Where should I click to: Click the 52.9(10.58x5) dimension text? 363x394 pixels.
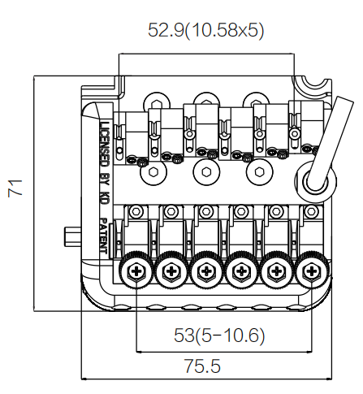pyautogui.click(x=205, y=30)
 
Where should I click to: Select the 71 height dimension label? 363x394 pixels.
pyautogui.click(x=15, y=188)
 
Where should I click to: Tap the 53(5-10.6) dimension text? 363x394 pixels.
pyautogui.click(x=219, y=336)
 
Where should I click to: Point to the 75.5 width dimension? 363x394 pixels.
pyautogui.click(x=202, y=366)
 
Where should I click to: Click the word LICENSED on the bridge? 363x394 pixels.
pyautogui.click(x=105, y=144)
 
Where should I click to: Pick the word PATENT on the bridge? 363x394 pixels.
pyautogui.click(x=105, y=236)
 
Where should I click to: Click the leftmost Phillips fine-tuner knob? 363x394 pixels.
pyautogui.click(x=135, y=271)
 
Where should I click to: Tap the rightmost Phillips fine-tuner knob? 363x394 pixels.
pyautogui.click(x=312, y=271)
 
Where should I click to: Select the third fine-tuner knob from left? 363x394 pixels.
pyautogui.click(x=206, y=271)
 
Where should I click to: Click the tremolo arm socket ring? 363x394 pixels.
pyautogui.click(x=316, y=181)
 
